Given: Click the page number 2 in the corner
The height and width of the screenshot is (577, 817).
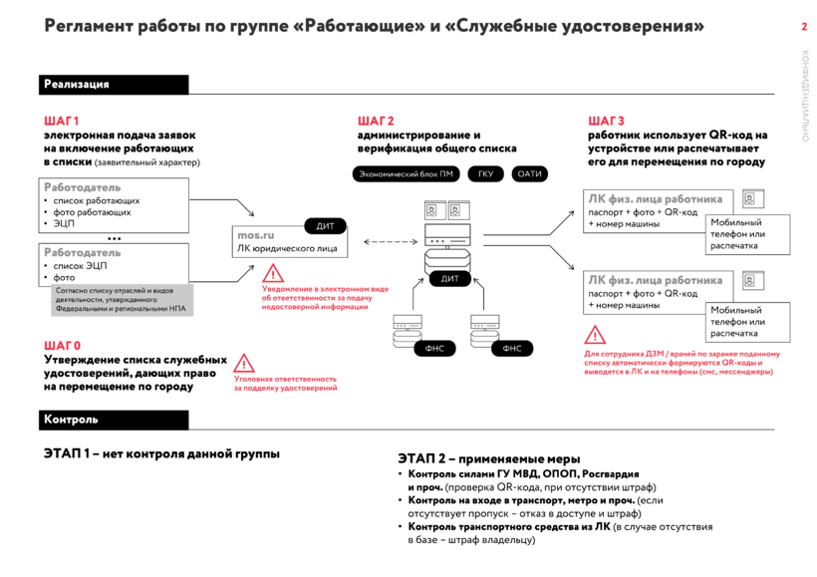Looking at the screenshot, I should (x=804, y=26).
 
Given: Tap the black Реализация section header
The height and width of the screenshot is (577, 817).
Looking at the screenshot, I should (x=77, y=85).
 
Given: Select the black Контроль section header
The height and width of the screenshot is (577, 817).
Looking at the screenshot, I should (x=71, y=420).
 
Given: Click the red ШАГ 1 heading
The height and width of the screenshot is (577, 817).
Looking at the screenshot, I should (x=62, y=121).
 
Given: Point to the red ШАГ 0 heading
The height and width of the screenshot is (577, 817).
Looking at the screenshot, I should (x=62, y=346).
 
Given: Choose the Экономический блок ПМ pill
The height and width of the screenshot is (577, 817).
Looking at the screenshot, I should (x=406, y=174).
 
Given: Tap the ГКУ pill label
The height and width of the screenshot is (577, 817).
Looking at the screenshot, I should (x=485, y=174).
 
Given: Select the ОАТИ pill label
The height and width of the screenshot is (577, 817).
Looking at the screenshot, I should (x=530, y=174).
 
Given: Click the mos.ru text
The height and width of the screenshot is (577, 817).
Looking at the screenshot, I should (x=255, y=234).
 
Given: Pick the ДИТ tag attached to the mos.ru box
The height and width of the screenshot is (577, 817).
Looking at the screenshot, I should (x=325, y=226).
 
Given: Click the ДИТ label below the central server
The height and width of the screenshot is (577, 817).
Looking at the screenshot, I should (x=449, y=279).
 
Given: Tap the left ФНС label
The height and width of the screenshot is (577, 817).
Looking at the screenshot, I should (x=434, y=349).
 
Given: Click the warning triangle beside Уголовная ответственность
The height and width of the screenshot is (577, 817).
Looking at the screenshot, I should (x=244, y=364).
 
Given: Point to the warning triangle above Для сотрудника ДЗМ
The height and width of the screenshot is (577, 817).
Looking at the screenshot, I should (x=595, y=335).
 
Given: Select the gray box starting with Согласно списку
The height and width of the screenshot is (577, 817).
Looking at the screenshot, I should (x=121, y=300).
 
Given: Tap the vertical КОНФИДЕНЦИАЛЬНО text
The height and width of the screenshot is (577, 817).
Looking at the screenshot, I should (x=805, y=96).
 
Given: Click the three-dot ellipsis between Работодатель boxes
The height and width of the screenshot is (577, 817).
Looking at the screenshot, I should (x=115, y=239).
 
